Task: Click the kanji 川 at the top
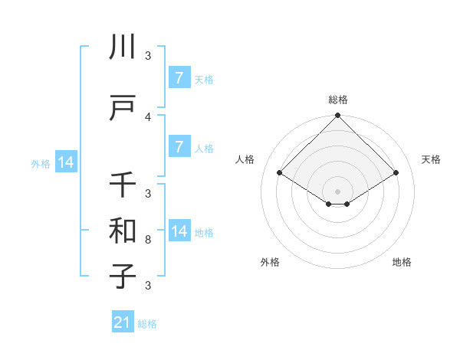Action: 123,47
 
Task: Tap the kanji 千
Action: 123,185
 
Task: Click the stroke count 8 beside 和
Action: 148,240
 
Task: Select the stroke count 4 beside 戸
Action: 148,117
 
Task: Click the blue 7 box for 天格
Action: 179,78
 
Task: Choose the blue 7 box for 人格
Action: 179,147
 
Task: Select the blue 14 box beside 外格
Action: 65,162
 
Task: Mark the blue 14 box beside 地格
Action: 179,231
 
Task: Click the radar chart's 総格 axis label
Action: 338,100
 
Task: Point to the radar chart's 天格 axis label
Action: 431,159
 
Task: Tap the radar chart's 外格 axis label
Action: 270,262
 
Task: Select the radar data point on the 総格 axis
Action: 338,116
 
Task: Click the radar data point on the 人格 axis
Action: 280,173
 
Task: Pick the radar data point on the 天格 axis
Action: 396,173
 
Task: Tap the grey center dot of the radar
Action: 338,191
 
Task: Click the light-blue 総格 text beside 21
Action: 148,324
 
